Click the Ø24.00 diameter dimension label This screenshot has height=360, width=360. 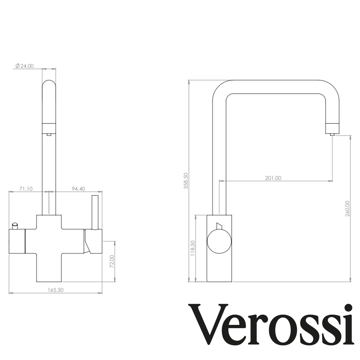[25, 66]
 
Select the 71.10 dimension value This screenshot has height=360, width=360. [26, 189]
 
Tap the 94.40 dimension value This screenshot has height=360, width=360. [78, 189]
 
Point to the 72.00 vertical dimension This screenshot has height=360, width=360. [111, 261]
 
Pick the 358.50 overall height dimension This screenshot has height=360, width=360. [186, 181]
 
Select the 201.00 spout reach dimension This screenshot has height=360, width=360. [273, 178]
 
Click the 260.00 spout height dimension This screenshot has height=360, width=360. [347, 208]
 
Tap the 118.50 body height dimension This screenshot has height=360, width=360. [192, 248]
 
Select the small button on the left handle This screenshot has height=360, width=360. [15, 225]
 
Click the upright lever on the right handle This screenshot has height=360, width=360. [95, 212]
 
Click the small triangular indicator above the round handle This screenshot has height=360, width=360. [219, 225]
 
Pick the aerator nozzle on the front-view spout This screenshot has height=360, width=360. [49, 134]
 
